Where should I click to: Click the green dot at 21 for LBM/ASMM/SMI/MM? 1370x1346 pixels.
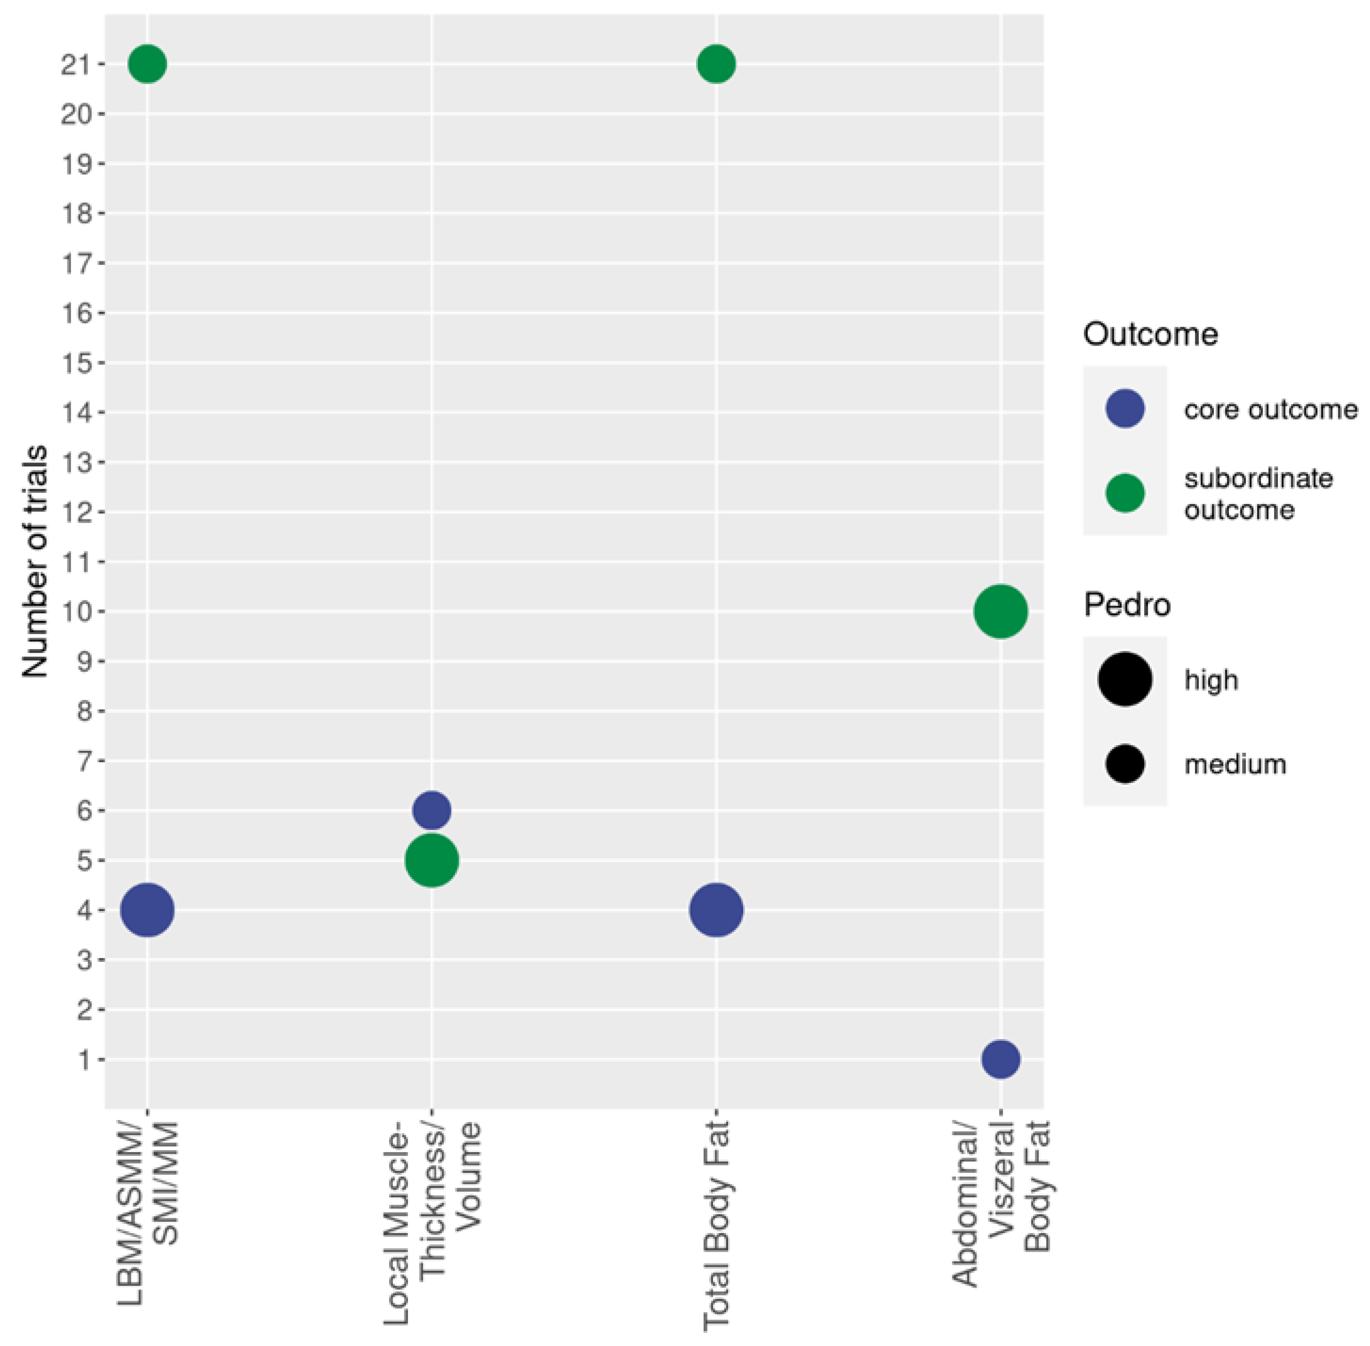tap(147, 64)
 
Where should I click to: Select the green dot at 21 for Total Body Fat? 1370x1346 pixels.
tap(716, 64)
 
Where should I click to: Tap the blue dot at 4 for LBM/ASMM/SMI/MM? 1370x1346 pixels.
tap(147, 910)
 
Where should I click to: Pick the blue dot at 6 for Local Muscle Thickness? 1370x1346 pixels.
tap(431, 810)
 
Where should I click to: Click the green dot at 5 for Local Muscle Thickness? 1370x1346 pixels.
tap(431, 860)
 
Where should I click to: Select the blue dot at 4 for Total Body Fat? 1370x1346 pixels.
tap(716, 910)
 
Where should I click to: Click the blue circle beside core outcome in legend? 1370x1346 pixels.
tap(1125, 409)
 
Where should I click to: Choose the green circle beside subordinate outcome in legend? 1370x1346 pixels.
tap(1125, 493)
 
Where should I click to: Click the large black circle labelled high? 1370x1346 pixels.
tap(1125, 679)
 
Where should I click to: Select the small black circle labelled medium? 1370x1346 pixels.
tap(1125, 764)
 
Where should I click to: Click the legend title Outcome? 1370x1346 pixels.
tap(1150, 334)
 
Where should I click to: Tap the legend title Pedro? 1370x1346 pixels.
tap(1127, 605)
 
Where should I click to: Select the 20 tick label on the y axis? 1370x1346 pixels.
tap(76, 114)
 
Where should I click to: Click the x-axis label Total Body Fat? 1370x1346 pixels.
tap(716, 1226)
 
